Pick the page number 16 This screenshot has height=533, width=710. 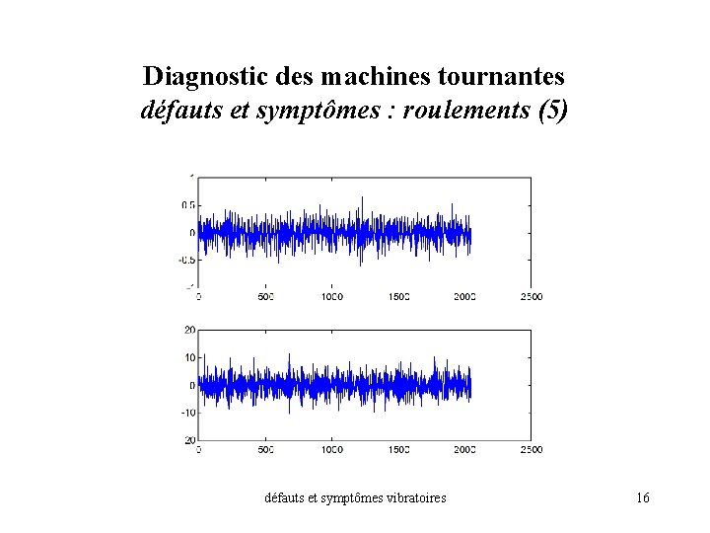pyautogui.click(x=642, y=498)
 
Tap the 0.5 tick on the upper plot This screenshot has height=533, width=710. pyautogui.click(x=187, y=205)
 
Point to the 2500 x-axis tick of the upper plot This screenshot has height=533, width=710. pyautogui.click(x=531, y=296)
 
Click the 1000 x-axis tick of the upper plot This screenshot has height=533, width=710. pyautogui.click(x=331, y=296)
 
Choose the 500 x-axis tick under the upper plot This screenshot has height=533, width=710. pyautogui.click(x=265, y=296)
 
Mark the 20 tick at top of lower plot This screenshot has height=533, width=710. pyautogui.click(x=189, y=330)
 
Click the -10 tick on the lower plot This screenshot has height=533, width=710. pyautogui.click(x=187, y=413)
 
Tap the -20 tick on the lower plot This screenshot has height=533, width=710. pyautogui.click(x=187, y=440)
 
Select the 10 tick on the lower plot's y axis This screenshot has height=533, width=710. pyautogui.click(x=189, y=357)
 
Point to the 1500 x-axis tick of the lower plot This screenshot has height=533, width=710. pyautogui.click(x=398, y=449)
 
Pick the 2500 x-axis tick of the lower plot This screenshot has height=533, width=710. pyautogui.click(x=531, y=449)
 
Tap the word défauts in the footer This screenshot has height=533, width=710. pyautogui.click(x=287, y=498)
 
